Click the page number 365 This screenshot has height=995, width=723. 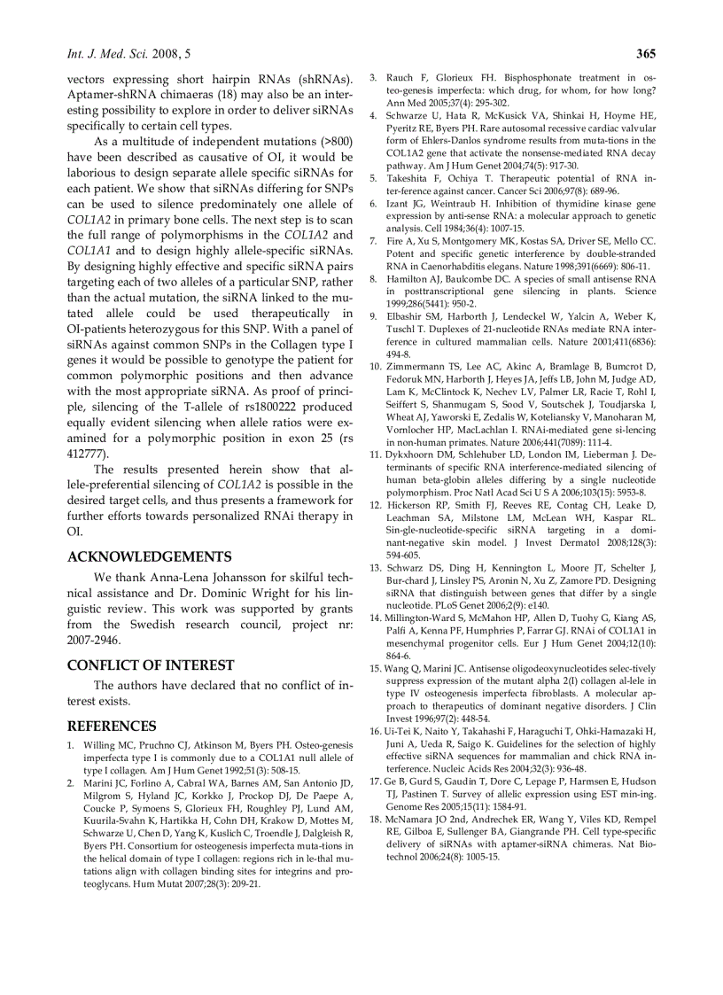pos(645,54)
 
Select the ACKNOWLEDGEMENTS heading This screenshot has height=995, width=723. pos(149,557)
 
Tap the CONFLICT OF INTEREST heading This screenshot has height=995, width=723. pos(151,665)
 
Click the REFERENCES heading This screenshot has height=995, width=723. pos(112,727)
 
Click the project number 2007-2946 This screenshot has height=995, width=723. pos(94,640)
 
